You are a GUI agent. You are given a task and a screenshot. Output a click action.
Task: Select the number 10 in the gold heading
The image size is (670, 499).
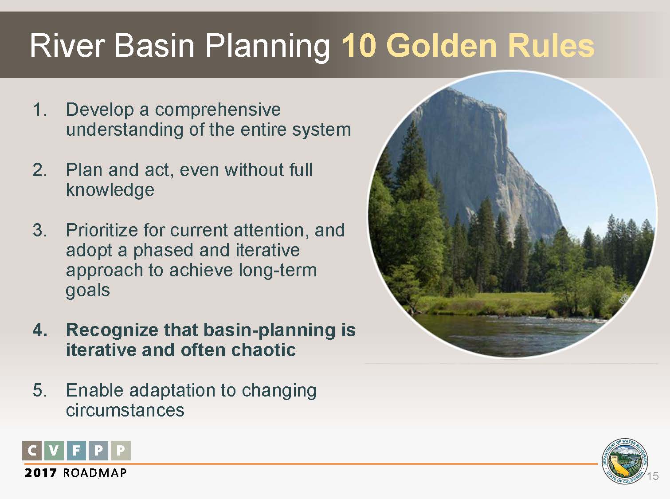click(359, 46)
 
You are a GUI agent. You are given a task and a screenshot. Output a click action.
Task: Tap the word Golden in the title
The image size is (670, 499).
click(441, 46)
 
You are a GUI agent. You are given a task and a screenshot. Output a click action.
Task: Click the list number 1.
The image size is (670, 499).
click(39, 110)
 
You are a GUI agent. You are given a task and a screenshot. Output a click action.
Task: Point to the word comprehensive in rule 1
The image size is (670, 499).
click(218, 110)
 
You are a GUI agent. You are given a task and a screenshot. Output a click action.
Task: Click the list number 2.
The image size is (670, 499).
click(39, 170)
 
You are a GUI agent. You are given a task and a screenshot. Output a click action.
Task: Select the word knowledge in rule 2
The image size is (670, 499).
click(110, 190)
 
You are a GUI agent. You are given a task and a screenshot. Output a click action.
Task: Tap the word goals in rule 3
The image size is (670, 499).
click(88, 291)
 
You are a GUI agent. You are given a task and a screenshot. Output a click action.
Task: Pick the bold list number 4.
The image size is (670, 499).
click(40, 330)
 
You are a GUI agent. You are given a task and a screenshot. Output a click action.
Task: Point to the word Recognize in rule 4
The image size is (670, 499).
click(112, 330)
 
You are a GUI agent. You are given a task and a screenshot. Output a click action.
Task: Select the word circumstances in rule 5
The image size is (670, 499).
click(125, 410)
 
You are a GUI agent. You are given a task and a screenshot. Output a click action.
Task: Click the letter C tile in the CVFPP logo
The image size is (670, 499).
click(32, 450)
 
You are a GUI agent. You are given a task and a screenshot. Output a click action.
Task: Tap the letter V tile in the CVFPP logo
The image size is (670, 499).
click(54, 450)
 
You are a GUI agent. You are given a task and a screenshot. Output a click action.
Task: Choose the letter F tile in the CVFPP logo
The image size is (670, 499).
click(76, 450)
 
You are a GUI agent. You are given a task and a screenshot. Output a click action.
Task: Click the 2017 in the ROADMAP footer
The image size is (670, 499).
click(41, 473)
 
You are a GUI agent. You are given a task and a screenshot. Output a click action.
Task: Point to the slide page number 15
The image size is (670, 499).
click(652, 476)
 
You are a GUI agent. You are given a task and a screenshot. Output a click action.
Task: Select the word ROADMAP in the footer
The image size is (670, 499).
click(94, 473)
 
